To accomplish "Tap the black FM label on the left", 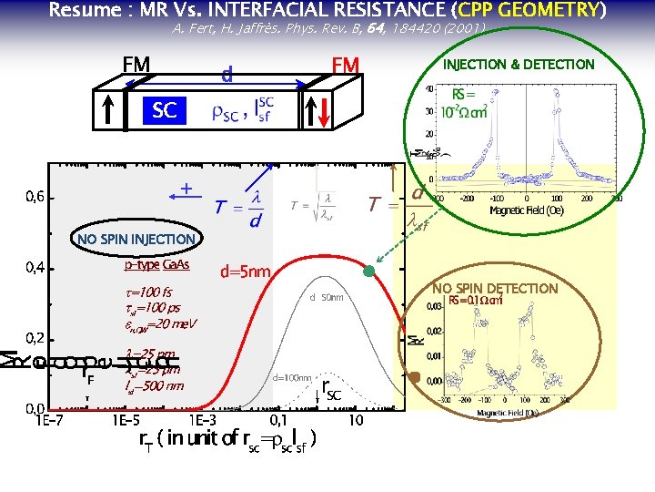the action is (x=136, y=65).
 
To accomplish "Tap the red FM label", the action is (x=347, y=65).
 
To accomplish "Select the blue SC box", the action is (x=165, y=110).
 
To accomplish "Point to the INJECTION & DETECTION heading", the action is (x=518, y=65).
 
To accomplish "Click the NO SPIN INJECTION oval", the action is (x=136, y=240).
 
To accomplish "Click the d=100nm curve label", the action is (x=292, y=376).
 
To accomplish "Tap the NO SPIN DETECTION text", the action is (x=495, y=289).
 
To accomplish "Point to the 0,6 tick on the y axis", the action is (x=35, y=197).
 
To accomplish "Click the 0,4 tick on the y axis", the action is (x=35, y=268).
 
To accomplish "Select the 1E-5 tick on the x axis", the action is (x=126, y=420).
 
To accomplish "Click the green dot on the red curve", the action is (x=369, y=271).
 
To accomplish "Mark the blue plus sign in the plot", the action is (x=186, y=189).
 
